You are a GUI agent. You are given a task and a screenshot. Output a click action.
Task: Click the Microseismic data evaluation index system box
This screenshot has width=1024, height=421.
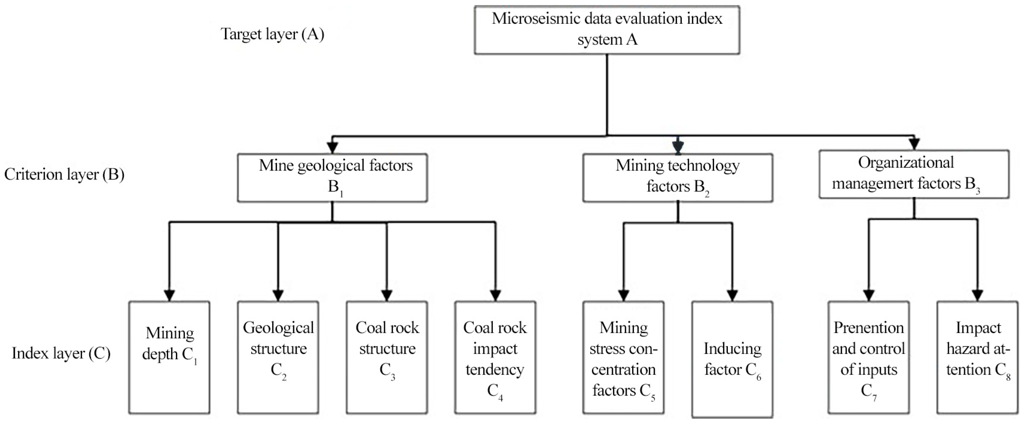pyautogui.click(x=607, y=30)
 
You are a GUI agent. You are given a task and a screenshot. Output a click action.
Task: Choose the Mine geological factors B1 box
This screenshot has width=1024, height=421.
pyautogui.click(x=332, y=177)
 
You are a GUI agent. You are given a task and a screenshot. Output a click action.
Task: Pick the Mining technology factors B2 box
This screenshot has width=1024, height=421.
pyautogui.click(x=678, y=177)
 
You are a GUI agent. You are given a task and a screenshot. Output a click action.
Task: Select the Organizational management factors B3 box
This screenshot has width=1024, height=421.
pyautogui.click(x=914, y=174)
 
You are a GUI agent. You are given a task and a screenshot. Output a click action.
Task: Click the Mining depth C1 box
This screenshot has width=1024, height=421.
pyautogui.click(x=169, y=357)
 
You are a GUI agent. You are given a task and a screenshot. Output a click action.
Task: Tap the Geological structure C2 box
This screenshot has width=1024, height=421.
pyautogui.click(x=278, y=357)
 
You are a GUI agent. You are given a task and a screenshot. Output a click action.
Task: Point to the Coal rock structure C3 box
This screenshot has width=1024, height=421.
pyautogui.click(x=387, y=357)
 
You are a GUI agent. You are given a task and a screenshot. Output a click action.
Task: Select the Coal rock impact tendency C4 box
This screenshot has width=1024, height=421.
pyautogui.click(x=495, y=357)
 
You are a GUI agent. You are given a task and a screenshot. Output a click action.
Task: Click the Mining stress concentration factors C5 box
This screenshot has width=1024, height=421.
pyautogui.click(x=623, y=357)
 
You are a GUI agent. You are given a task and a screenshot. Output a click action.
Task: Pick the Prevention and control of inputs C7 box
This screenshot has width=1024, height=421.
pyautogui.click(x=868, y=357)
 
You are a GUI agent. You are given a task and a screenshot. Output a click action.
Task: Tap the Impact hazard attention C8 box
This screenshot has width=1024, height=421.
pyautogui.click(x=978, y=357)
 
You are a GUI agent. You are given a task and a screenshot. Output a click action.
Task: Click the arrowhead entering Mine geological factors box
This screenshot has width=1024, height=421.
pyautogui.click(x=332, y=147)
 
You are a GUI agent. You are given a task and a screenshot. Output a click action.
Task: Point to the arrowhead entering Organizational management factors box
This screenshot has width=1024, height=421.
pyautogui.click(x=914, y=144)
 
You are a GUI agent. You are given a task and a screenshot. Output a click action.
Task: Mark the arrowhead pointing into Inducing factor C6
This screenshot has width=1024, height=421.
pyautogui.click(x=732, y=295)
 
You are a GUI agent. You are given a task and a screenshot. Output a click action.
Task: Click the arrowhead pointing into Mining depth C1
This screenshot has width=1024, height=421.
pyautogui.click(x=169, y=295)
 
